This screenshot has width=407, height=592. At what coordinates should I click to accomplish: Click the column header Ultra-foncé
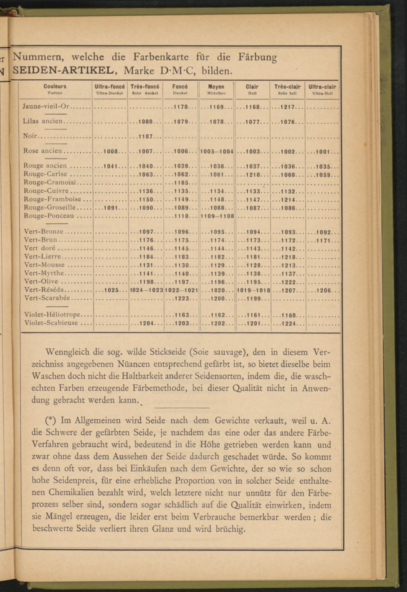tap(110, 87)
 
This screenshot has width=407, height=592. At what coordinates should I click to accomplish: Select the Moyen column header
tap(216, 87)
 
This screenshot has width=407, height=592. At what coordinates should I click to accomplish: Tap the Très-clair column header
tap(287, 87)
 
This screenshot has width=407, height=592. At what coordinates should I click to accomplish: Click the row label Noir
tap(30, 136)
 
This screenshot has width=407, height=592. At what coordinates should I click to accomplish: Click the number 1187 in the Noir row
tap(146, 136)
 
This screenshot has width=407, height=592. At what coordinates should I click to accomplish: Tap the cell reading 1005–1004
tap(217, 151)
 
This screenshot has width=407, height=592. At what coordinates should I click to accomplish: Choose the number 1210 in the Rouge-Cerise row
tap(253, 175)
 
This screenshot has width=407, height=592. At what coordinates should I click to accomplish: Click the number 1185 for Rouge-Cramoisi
tap(181, 183)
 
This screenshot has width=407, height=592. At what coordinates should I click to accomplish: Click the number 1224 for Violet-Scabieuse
tap(288, 324)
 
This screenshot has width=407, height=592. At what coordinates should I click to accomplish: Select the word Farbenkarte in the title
tap(161, 57)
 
